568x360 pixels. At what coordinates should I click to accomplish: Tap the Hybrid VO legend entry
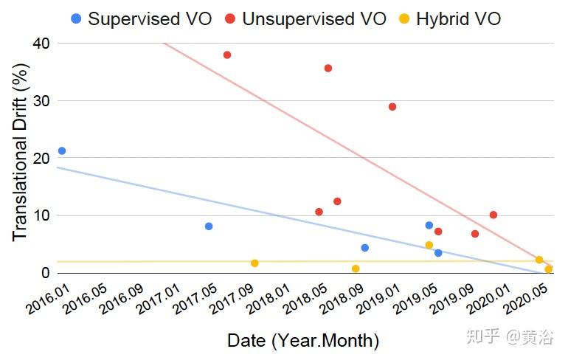pyautogui.click(x=458, y=18)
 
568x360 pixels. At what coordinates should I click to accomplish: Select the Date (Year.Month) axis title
pyautogui.click(x=303, y=341)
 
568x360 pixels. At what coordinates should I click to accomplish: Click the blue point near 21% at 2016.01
pyautogui.click(x=62, y=150)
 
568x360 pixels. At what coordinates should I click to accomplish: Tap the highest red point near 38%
pyautogui.click(x=227, y=55)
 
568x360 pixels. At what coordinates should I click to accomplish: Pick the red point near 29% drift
pyautogui.click(x=392, y=107)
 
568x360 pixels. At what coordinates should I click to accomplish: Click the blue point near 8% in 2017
pyautogui.click(x=209, y=226)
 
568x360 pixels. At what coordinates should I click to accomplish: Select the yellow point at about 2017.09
pyautogui.click(x=254, y=263)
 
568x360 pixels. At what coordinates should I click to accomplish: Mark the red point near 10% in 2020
pyautogui.click(x=493, y=215)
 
